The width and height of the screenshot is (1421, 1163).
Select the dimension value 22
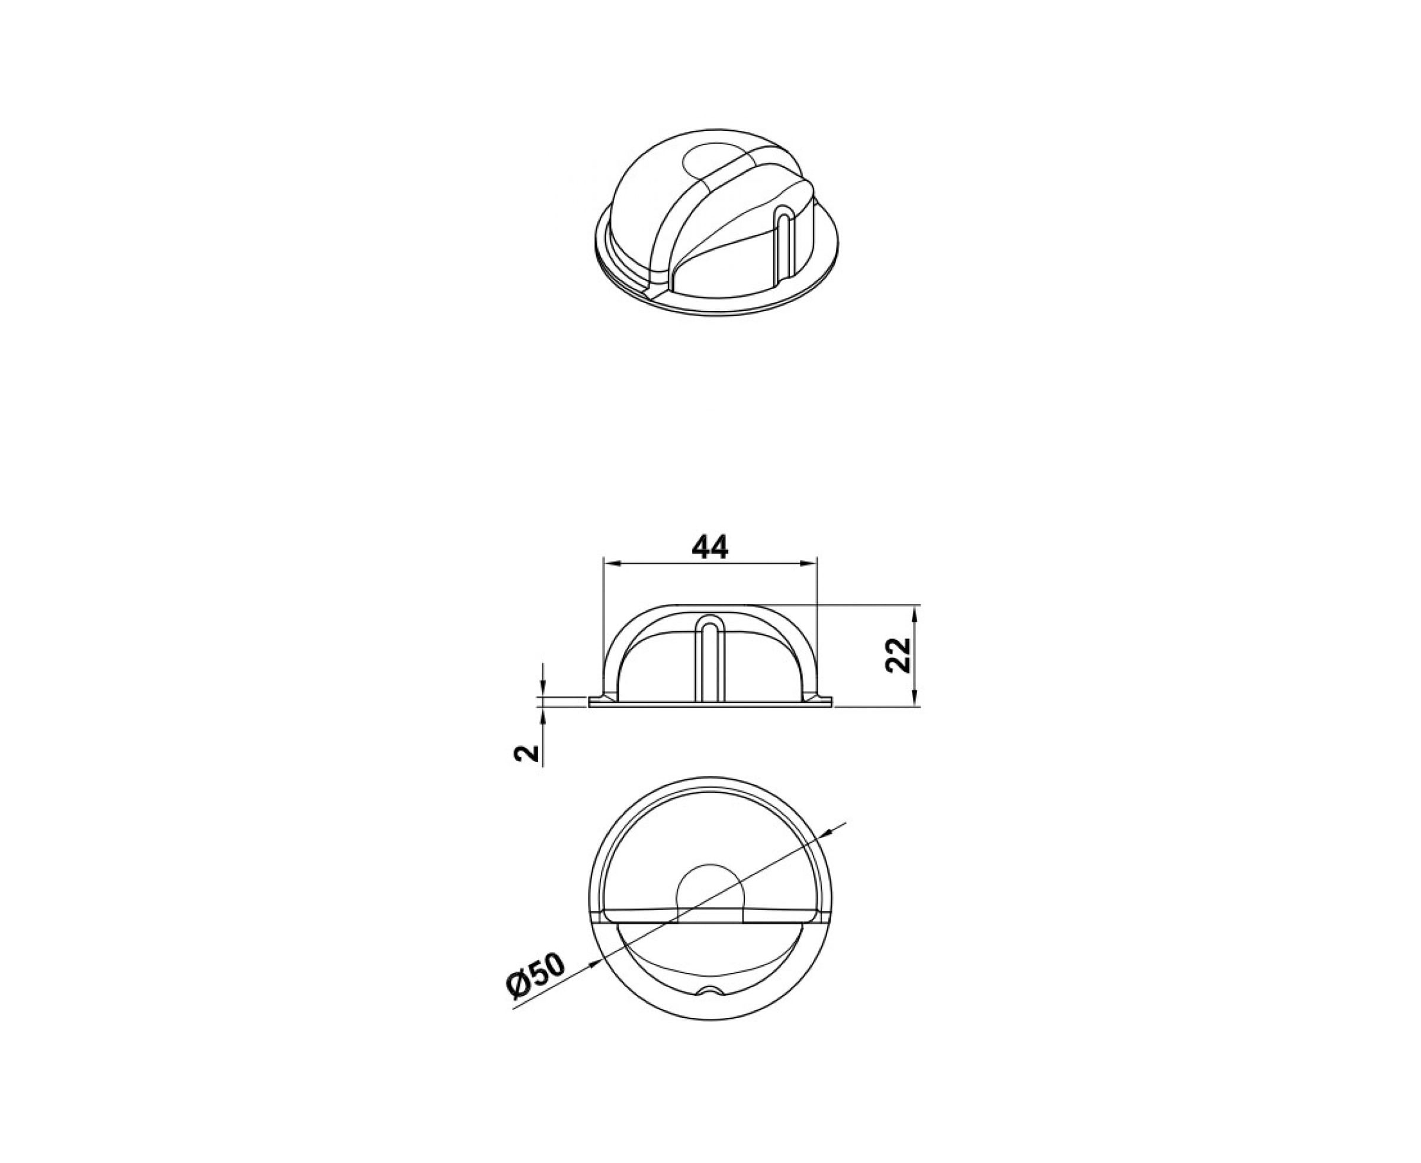click(898, 655)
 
